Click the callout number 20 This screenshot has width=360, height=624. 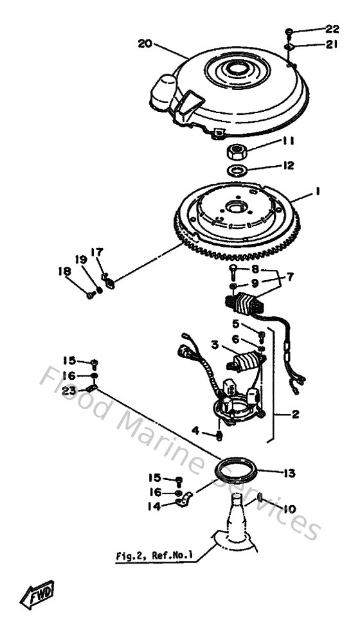coord(145,44)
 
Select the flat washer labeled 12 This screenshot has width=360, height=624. coord(239,171)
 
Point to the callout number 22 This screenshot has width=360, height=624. coord(332,29)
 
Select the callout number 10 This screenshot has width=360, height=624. coord(289,509)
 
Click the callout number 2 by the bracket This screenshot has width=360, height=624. coord(294,415)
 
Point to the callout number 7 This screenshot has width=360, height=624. coord(289,277)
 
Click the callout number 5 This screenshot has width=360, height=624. coord(236,323)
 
